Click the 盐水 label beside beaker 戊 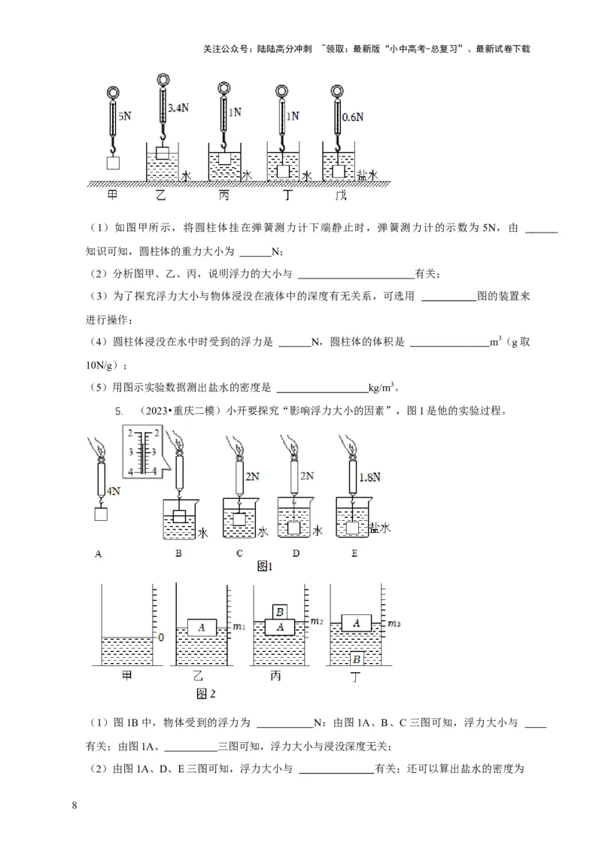(x=367, y=175)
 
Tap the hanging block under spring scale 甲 (x=113, y=163)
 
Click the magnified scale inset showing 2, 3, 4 (x=142, y=451)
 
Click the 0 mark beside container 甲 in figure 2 (x=160, y=637)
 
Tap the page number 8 (x=74, y=806)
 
